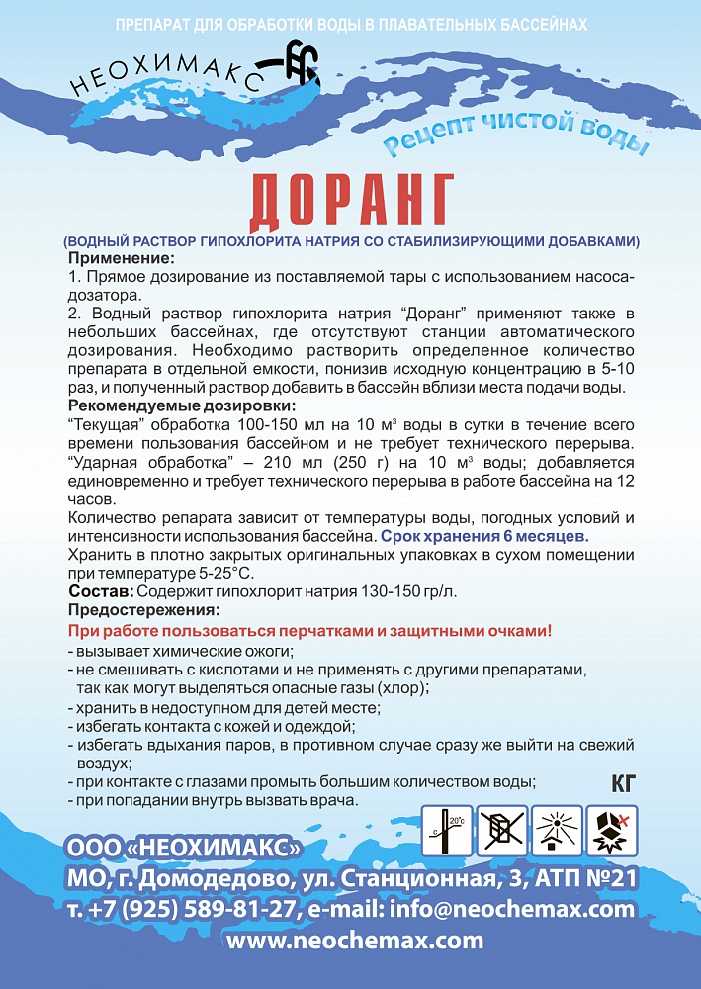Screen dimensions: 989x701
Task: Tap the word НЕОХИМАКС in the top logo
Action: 164,77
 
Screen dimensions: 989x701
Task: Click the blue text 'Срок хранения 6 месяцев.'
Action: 484,536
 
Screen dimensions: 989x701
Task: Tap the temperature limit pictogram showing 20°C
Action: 447,830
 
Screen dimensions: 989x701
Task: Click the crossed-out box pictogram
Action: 502,830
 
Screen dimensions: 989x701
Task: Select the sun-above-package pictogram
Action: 558,830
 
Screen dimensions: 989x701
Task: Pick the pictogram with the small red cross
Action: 612,830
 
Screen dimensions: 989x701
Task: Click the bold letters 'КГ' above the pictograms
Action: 623,786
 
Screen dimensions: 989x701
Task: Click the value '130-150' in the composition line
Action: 366,590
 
